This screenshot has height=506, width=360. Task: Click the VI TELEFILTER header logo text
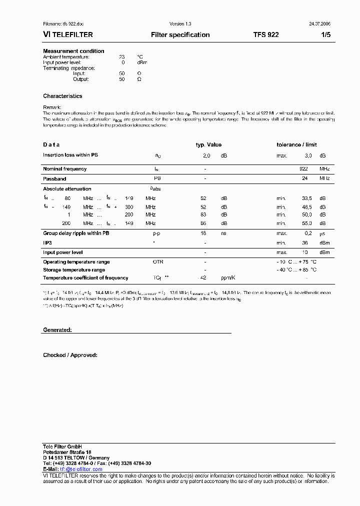point(67,35)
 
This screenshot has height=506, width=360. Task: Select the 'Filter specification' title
point(180,35)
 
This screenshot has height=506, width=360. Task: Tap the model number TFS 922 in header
point(266,35)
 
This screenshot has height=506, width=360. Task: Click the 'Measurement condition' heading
point(73,51)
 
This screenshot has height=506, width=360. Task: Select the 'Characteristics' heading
point(62,96)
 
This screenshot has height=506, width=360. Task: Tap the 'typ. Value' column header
point(208,144)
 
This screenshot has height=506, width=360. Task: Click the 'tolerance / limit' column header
point(296,144)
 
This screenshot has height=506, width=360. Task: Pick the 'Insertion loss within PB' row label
point(70,155)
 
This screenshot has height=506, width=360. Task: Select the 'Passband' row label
point(54,178)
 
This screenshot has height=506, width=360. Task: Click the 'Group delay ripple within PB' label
point(76,233)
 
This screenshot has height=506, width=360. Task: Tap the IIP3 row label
point(47,242)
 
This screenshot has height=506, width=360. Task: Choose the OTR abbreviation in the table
point(158,262)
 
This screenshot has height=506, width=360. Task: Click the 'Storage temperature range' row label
point(74,270)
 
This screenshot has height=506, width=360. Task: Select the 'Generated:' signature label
point(57,330)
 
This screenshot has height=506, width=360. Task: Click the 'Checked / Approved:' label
point(70,355)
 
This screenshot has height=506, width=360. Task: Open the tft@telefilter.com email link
point(81,469)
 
